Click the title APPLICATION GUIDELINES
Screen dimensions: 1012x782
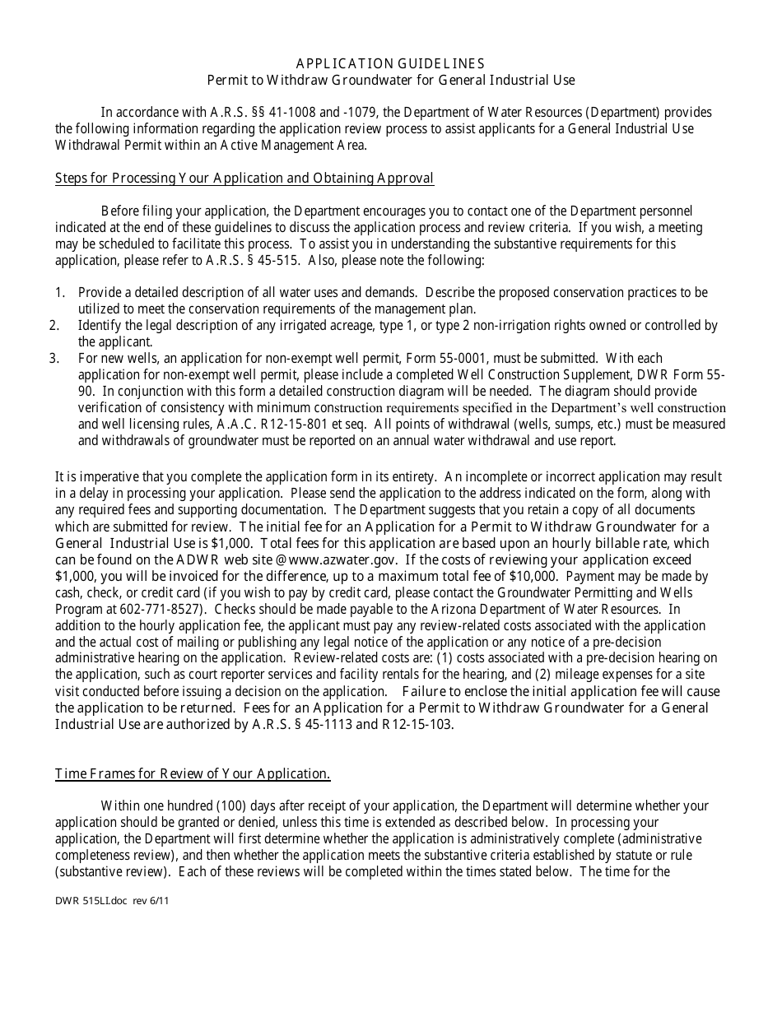390,63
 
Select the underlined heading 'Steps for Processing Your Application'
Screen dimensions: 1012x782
244,179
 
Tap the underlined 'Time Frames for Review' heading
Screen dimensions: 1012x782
193,773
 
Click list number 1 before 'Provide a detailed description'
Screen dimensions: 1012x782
59,293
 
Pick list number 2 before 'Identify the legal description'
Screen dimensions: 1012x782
54,326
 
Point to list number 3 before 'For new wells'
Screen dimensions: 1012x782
54,359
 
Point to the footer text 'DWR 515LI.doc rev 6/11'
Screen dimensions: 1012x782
112,901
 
